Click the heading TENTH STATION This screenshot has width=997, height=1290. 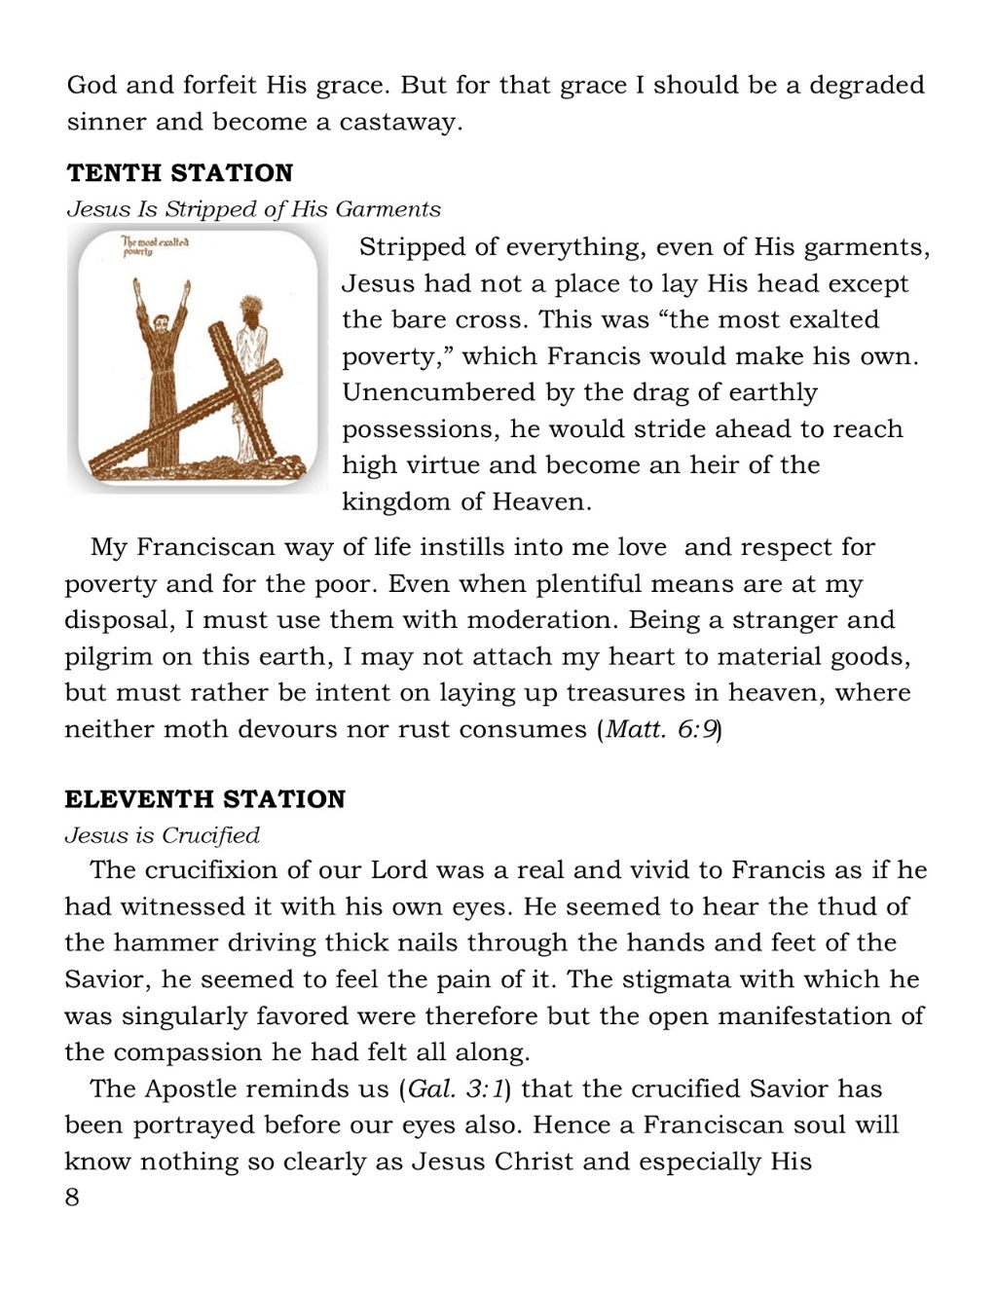180,173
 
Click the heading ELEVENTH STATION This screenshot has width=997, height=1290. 204,799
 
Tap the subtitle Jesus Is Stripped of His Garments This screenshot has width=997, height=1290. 253,209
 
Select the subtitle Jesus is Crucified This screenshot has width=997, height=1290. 163,835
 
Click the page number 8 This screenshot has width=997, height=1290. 72,1198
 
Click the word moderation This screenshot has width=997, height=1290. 543,620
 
